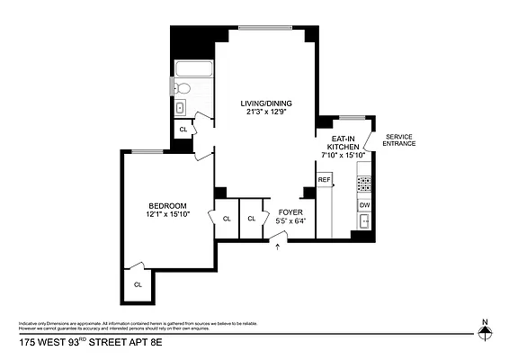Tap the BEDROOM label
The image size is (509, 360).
168,205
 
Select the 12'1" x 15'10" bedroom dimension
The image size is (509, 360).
168,214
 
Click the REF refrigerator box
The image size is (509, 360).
324,180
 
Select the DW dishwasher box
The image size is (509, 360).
364,205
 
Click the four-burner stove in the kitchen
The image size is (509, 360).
364,184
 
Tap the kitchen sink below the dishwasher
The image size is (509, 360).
364,222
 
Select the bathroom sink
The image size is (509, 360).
179,108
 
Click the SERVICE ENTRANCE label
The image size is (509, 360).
400,140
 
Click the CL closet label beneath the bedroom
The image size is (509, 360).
138,284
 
